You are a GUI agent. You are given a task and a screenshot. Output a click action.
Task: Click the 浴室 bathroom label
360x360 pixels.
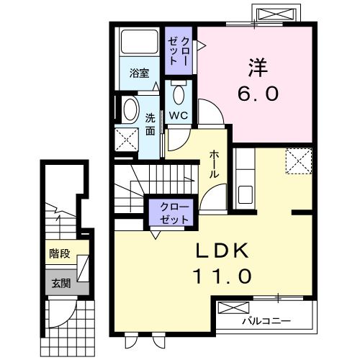coord(139,73)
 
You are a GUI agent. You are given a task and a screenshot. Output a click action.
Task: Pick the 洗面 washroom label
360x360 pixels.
coord(150,124)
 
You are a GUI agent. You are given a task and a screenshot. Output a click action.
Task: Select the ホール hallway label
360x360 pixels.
coord(215,165)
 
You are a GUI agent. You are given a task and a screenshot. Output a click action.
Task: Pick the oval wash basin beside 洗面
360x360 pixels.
coord(130,110)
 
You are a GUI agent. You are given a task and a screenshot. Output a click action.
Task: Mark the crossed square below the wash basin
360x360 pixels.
coord(127,140)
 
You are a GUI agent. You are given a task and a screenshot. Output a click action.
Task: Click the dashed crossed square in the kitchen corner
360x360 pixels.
coord(297,161)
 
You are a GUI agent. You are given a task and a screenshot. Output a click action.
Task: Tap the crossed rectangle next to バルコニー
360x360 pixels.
coord(231,308)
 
